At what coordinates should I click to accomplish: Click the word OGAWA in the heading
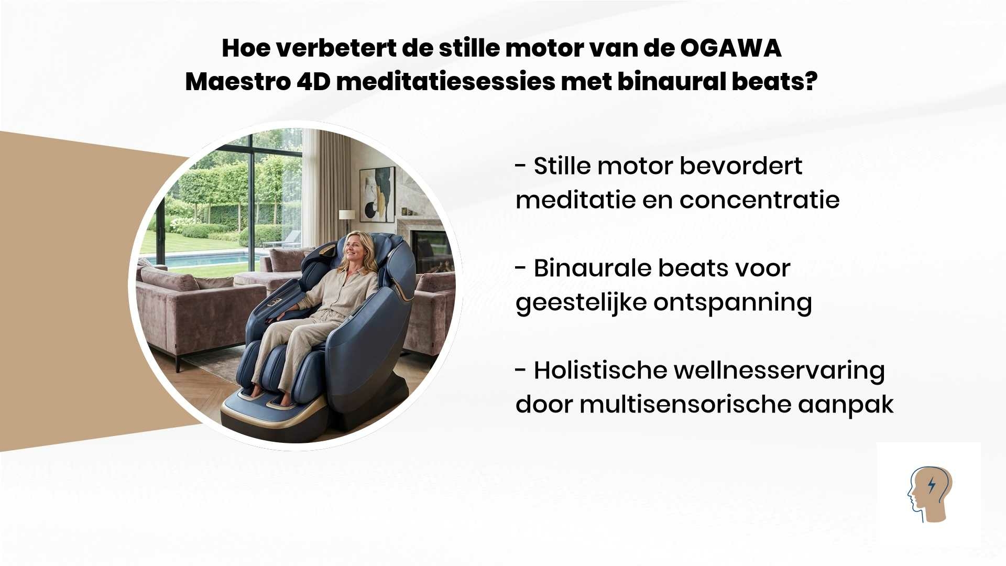tap(731, 48)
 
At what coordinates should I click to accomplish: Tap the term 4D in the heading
tap(313, 82)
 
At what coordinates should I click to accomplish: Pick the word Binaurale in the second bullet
tap(592, 268)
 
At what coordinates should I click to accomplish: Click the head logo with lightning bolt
tap(930, 494)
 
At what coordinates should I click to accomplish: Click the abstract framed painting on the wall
tap(377, 194)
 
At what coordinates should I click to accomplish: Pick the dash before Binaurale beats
tap(520, 269)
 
